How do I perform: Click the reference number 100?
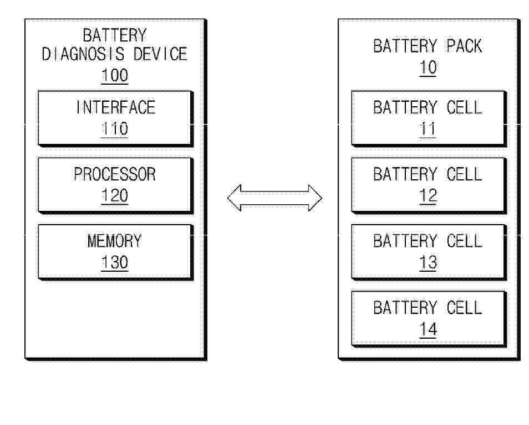(115, 75)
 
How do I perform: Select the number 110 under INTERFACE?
(115, 129)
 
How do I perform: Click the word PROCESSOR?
(115, 174)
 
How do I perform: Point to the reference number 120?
(115, 196)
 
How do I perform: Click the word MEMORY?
(115, 241)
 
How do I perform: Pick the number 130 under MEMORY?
(115, 262)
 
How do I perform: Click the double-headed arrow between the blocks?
(274, 198)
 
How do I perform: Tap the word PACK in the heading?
(465, 46)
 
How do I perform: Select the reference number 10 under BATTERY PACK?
(428, 68)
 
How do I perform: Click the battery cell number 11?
(428, 129)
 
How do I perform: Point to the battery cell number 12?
(428, 196)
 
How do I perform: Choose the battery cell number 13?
(428, 262)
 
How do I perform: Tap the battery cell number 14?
(428, 329)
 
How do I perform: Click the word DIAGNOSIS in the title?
(83, 54)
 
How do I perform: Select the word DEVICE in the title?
(160, 54)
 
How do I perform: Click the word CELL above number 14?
(465, 308)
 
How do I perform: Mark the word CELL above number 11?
(465, 107)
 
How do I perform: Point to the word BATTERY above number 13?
(405, 241)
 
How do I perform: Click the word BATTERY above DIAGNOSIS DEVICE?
(115, 35)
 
